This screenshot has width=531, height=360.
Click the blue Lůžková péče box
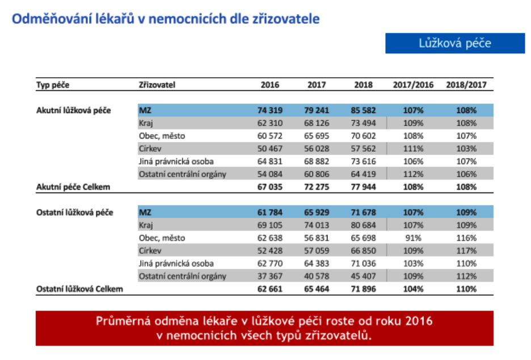(455, 43)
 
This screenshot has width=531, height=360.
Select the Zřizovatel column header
(157, 85)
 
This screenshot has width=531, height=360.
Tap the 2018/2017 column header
(466, 85)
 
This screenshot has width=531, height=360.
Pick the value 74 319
(270, 110)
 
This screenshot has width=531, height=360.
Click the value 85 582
(364, 110)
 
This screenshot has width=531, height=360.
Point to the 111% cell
(413, 148)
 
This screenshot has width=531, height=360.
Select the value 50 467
(270, 148)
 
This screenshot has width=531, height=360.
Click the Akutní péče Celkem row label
(73, 187)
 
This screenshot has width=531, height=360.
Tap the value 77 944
(364, 187)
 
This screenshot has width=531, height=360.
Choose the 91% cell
(413, 238)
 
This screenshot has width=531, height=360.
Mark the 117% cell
(466, 250)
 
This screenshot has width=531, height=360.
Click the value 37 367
(270, 277)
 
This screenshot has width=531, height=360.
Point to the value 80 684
(364, 225)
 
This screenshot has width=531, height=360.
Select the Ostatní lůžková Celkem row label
(79, 289)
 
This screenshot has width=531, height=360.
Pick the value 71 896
(364, 289)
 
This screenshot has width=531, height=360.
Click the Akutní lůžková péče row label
(74, 111)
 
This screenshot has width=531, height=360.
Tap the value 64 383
(317, 263)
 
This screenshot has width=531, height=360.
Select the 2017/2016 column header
(413, 85)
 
